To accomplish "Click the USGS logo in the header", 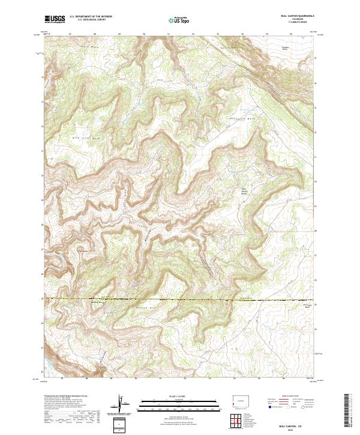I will [x=54, y=20].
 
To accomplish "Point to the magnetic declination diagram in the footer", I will [x=122, y=407].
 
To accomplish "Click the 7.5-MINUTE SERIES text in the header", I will [x=292, y=25].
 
